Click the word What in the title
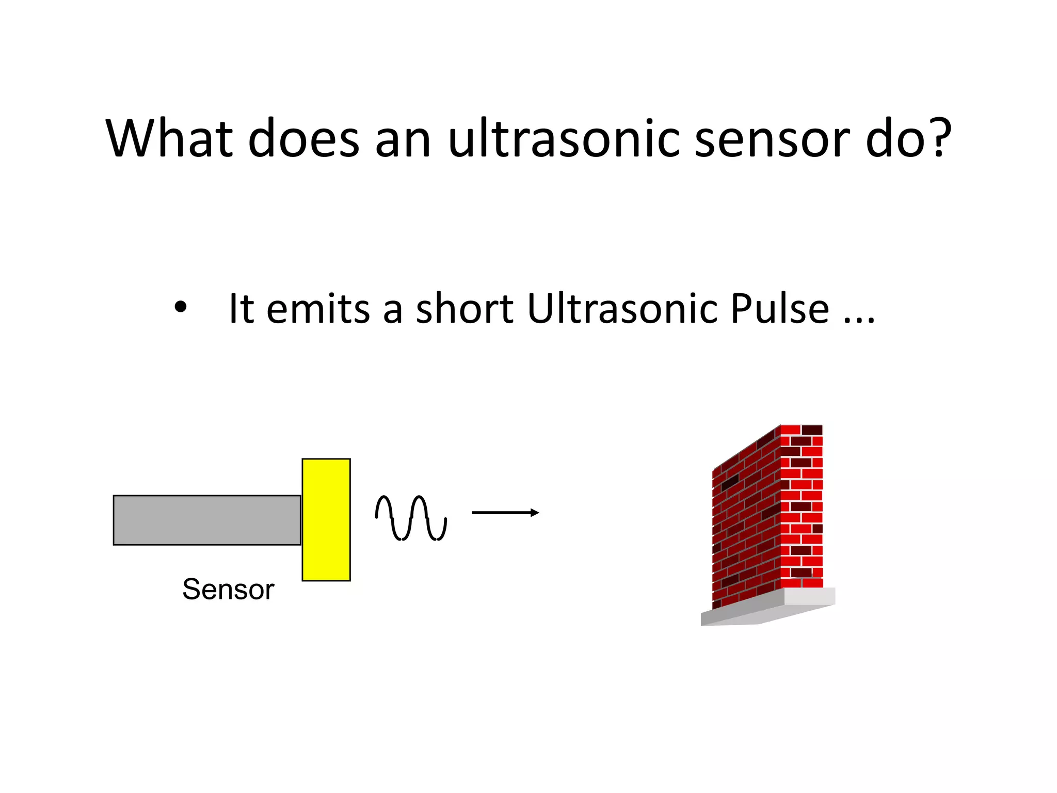(x=169, y=138)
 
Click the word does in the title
(x=303, y=138)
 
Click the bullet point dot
(x=180, y=308)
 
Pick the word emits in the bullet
(x=318, y=309)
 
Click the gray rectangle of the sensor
(x=206, y=520)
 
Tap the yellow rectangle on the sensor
(x=326, y=519)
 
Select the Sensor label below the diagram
(x=228, y=590)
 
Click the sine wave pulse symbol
(x=411, y=518)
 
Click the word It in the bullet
(x=241, y=309)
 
